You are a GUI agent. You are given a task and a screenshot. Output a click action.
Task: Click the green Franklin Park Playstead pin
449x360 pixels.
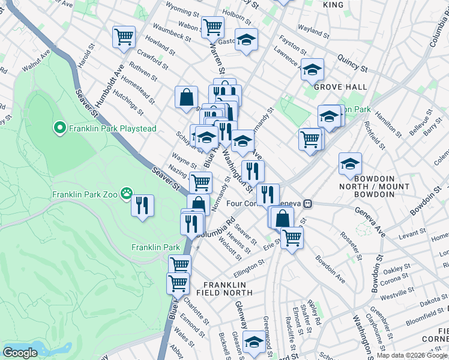[x=59, y=128]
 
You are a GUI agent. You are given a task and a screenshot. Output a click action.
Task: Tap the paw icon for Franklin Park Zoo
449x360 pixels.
[x=126, y=193]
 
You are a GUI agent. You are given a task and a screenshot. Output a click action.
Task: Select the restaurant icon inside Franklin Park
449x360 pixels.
[x=142, y=206]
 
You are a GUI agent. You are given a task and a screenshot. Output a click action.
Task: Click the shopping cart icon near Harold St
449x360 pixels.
[x=124, y=37]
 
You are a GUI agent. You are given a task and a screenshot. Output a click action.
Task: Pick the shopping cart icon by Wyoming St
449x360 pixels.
[x=212, y=26]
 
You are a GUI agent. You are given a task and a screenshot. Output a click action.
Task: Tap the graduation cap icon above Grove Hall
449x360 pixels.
[x=312, y=70]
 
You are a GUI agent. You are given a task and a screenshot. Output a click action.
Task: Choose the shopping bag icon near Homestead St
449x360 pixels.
[x=187, y=97]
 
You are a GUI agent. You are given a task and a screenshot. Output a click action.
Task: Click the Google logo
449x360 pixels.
[x=20, y=353]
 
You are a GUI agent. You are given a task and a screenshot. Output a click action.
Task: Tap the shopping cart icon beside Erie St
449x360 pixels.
[x=292, y=237]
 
